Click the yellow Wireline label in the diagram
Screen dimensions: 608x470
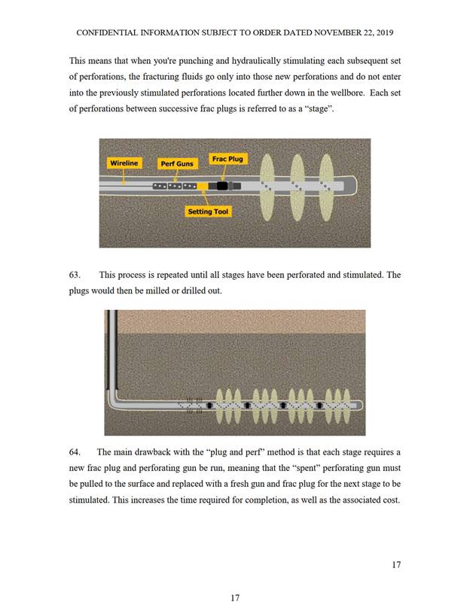click(124, 163)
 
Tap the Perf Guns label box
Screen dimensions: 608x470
click(176, 163)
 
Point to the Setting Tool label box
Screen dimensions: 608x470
click(209, 212)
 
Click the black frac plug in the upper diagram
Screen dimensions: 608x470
click(222, 185)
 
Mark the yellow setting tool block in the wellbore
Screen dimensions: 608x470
click(203, 185)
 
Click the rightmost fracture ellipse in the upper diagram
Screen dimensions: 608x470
click(326, 184)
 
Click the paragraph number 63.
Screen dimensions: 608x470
click(75, 275)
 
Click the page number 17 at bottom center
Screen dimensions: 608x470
click(234, 597)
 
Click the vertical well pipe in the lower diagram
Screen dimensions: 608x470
click(111, 354)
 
